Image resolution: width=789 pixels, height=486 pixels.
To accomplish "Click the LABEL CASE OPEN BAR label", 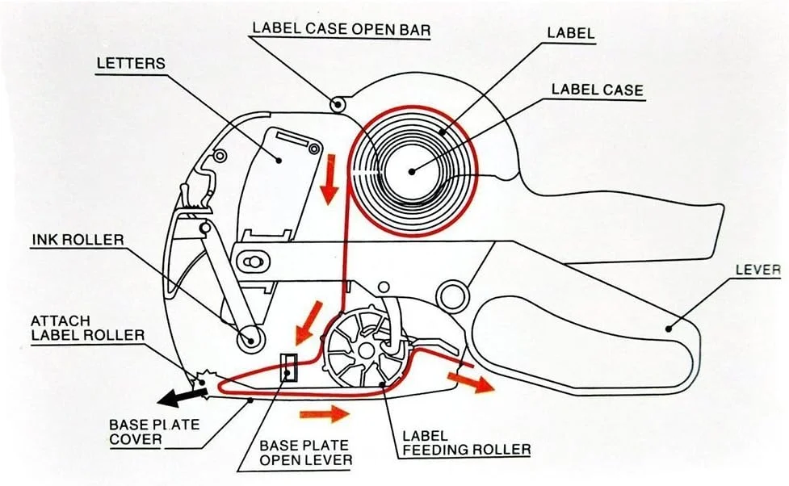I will tap(341, 29).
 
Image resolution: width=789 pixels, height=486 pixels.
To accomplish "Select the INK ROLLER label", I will tap(78, 240).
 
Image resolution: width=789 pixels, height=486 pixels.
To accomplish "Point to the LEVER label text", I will tap(758, 270).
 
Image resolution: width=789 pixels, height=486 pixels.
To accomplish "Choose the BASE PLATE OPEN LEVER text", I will tap(304, 453).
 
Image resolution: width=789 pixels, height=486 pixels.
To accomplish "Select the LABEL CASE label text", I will tap(598, 90).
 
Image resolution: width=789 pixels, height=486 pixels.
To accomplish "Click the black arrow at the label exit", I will tap(178, 396).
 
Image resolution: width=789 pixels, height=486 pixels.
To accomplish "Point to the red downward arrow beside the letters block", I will tap(329, 185).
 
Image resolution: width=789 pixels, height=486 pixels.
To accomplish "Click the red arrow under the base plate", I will tap(325, 414).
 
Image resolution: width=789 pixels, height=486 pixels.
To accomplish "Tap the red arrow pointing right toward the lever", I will tap(472, 380).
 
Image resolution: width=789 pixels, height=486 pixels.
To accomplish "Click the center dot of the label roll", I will tap(412, 170).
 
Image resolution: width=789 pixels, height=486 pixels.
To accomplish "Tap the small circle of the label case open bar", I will tap(338, 103).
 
